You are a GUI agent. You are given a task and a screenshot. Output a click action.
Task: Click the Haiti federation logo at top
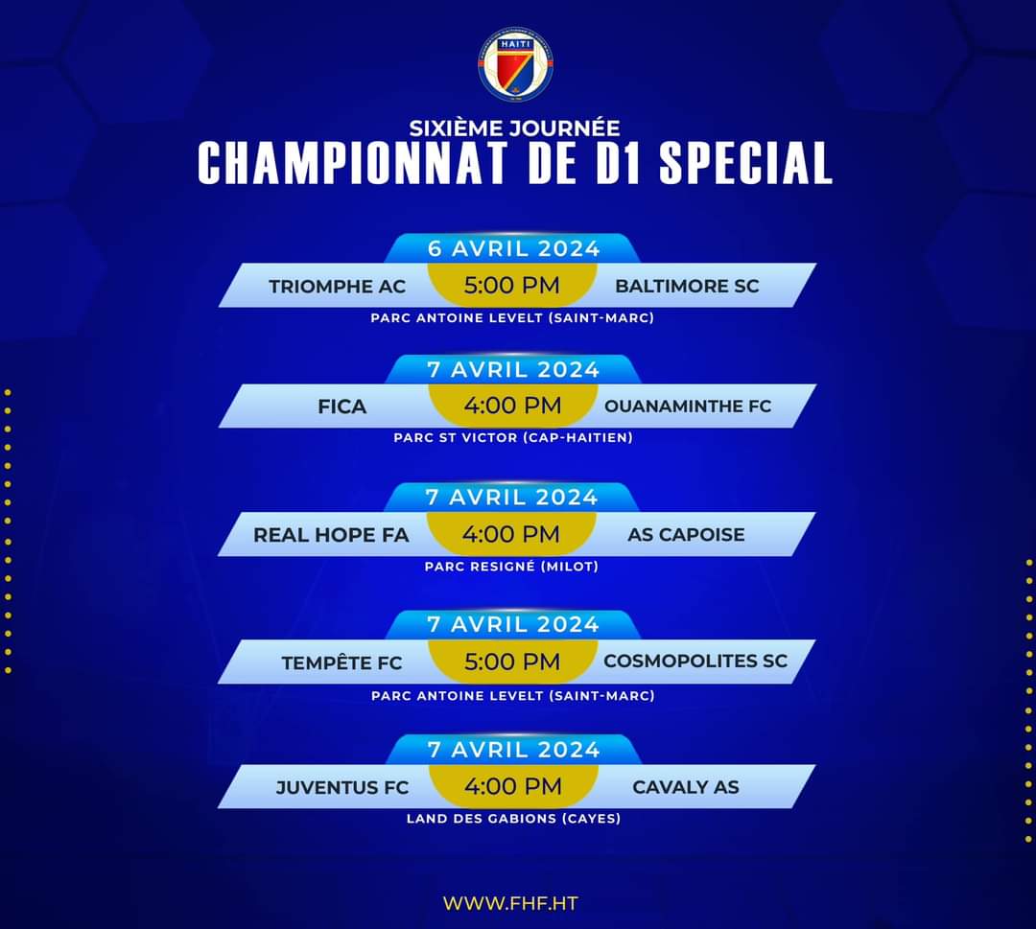pos(515,66)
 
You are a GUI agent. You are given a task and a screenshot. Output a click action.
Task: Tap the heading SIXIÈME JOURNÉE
pos(514,128)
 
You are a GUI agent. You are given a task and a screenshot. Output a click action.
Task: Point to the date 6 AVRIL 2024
pos(513,249)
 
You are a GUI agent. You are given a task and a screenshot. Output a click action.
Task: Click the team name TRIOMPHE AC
pos(337,287)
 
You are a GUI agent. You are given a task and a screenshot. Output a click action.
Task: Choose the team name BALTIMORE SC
pos(687,286)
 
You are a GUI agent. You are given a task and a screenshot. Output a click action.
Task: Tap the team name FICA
pos(342,406)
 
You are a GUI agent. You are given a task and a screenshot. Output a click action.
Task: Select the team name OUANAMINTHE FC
pos(688,406)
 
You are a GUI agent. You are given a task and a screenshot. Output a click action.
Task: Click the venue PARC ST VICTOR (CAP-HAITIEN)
pos(513,438)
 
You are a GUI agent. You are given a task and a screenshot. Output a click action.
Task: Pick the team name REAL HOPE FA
pos(331,535)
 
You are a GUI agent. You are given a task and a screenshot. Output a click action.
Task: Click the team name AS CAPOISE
pos(686,535)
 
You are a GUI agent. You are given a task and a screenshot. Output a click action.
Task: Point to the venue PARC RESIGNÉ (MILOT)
pos(511,567)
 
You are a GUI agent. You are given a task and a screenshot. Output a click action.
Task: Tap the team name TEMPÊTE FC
pos(341,662)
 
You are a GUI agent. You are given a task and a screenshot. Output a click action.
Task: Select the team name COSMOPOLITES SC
pos(695,661)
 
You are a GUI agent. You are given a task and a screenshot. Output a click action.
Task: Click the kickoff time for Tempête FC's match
pos(512,662)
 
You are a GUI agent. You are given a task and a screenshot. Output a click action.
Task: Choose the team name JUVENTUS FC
pos(342,788)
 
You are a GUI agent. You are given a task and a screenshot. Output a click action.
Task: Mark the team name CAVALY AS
pos(686,787)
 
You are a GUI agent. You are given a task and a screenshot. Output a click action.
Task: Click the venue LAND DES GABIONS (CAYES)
pos(513,819)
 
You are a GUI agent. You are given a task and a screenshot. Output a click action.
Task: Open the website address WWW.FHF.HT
pos(510,903)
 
